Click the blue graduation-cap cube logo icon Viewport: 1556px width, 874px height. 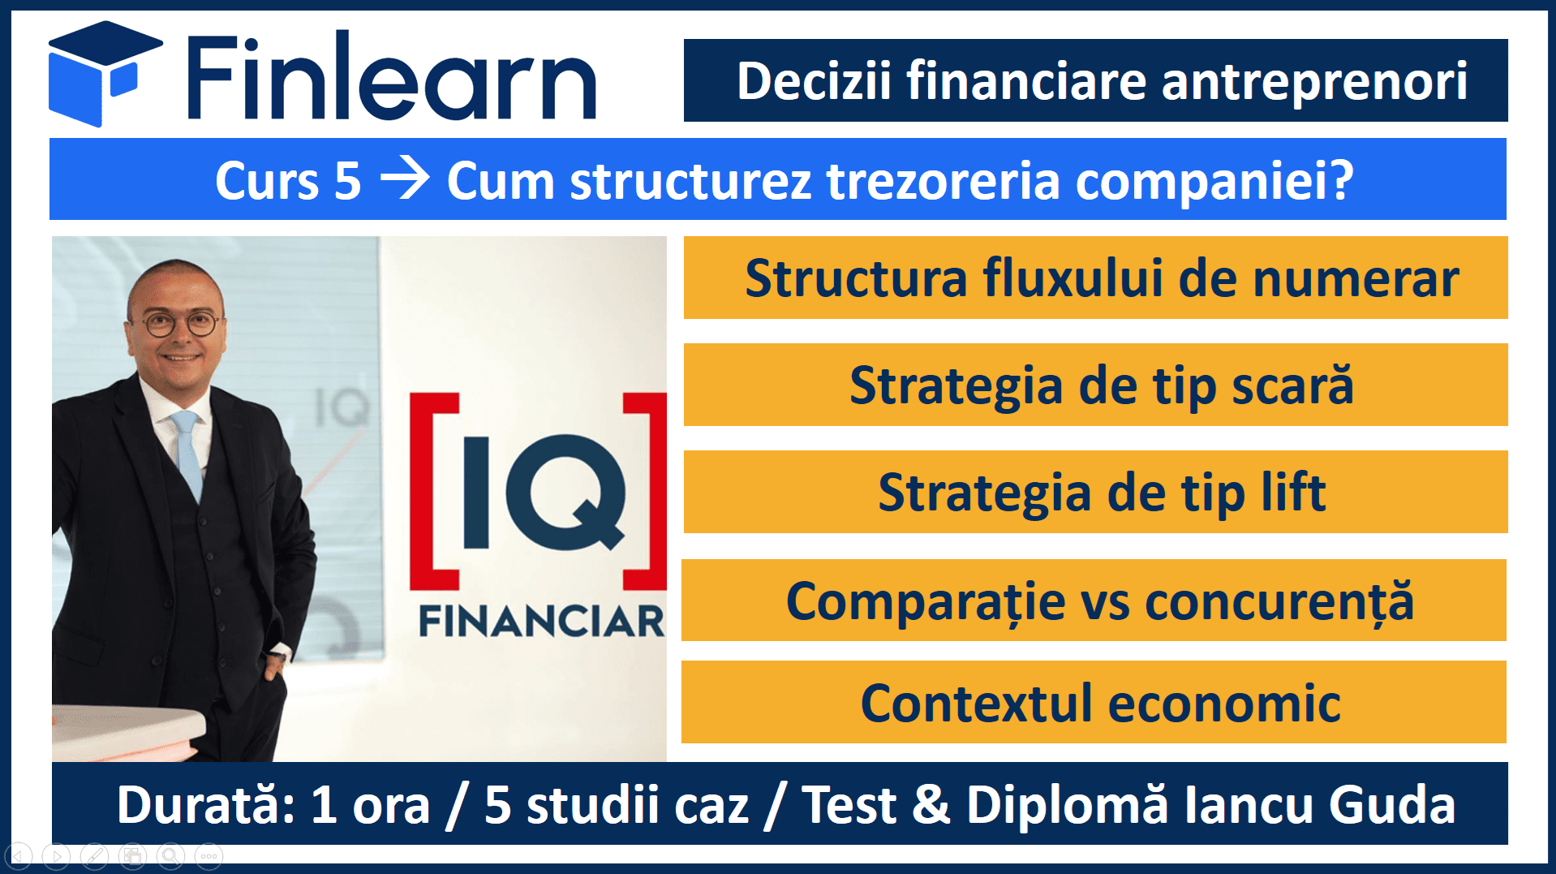[104, 74]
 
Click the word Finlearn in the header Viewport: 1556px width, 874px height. [392, 76]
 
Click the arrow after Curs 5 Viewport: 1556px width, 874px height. [405, 179]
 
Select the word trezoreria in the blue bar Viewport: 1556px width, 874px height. [943, 180]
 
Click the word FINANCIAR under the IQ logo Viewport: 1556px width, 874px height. [541, 622]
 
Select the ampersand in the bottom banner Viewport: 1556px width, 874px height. [931, 805]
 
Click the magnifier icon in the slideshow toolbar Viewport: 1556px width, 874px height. [170, 855]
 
